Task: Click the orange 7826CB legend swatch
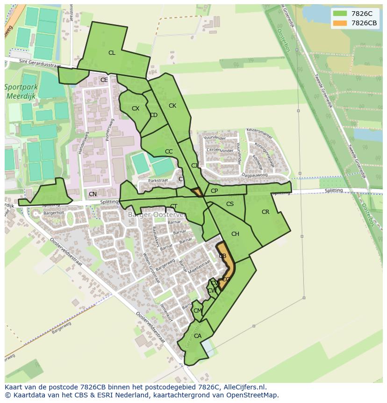coord(340,23)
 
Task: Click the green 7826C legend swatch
coord(340,14)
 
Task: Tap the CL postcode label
coord(112,53)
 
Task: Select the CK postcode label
coord(172,106)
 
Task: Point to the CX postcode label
coord(136,109)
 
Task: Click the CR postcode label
coord(265,212)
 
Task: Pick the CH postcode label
coord(235,234)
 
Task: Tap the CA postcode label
coord(198,336)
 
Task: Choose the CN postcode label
coord(93,194)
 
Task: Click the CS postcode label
coord(230,204)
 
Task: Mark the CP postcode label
coord(214,191)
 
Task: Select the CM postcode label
coord(197,311)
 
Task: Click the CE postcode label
coord(104,80)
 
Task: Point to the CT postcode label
coord(174,206)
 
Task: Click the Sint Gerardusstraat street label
coord(37,63)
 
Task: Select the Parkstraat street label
coord(158,180)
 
